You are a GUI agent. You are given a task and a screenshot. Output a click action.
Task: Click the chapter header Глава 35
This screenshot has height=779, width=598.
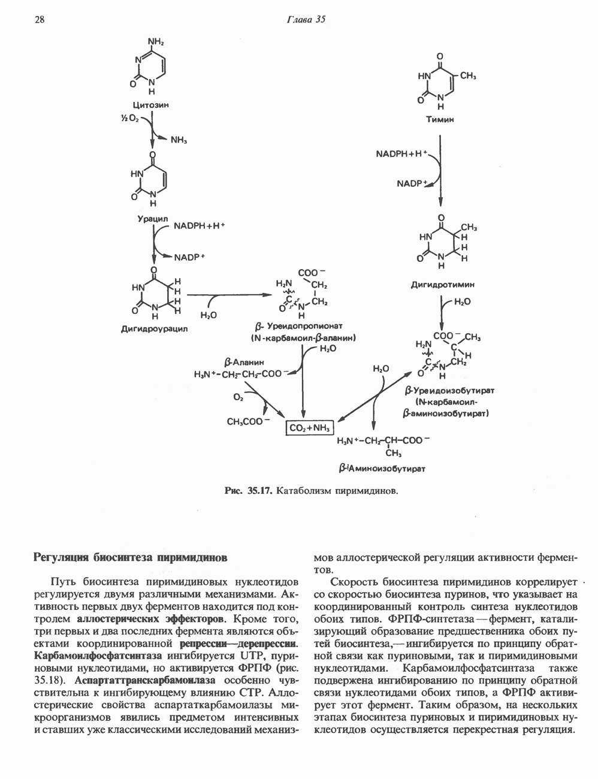305,19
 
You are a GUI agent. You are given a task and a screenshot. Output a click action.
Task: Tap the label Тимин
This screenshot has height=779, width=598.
440,119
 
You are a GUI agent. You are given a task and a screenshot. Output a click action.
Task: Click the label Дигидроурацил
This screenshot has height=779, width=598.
155,328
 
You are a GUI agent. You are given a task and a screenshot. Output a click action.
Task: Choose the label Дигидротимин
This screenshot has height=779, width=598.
442,285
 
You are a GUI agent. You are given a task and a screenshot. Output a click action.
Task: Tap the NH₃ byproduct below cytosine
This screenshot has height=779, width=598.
179,141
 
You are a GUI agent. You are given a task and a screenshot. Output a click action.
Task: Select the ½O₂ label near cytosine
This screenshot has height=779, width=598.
130,119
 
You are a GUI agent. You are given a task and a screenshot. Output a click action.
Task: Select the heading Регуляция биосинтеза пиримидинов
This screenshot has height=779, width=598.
130,557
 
